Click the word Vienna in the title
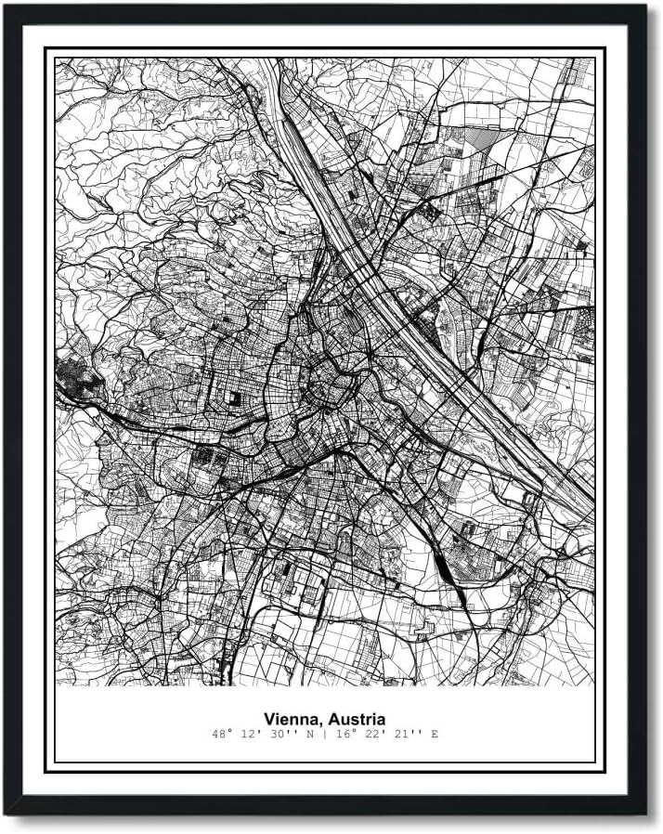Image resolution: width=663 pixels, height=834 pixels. point(289,718)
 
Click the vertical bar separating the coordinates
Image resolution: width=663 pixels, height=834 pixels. point(323,735)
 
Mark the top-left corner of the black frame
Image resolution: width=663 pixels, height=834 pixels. point(7,7)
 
